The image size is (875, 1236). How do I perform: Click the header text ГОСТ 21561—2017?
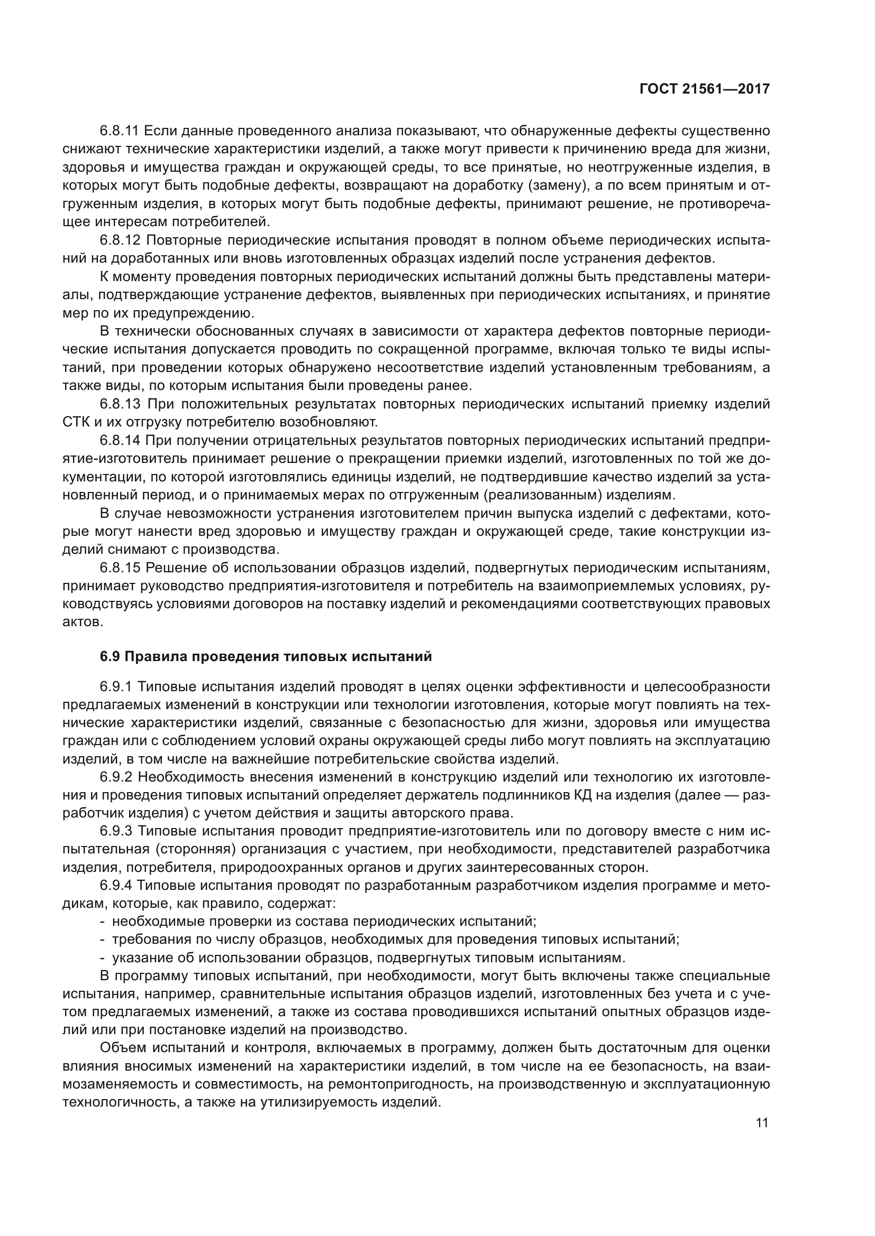[705, 89]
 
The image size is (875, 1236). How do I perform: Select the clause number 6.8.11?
[120, 131]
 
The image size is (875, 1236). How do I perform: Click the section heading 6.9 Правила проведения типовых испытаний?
[266, 657]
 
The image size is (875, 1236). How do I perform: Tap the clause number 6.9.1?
[116, 687]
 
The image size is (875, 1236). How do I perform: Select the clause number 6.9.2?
[116, 778]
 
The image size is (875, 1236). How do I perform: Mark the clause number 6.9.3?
[116, 832]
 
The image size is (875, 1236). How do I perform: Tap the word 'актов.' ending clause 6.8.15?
[83, 622]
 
